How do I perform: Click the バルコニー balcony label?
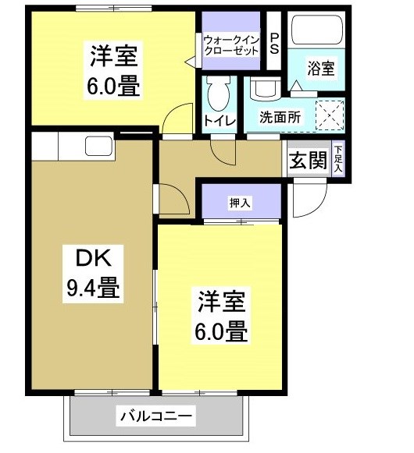pyautogui.click(x=155, y=416)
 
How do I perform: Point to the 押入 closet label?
pyautogui.click(x=240, y=203)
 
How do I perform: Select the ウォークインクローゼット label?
pyautogui.click(x=231, y=44)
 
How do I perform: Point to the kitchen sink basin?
pyautogui.click(x=99, y=145)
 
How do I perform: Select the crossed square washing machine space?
pyautogui.click(x=327, y=116)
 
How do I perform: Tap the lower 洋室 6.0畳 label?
pyautogui.click(x=221, y=318)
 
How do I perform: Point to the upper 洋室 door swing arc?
pyautogui.click(x=177, y=117)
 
